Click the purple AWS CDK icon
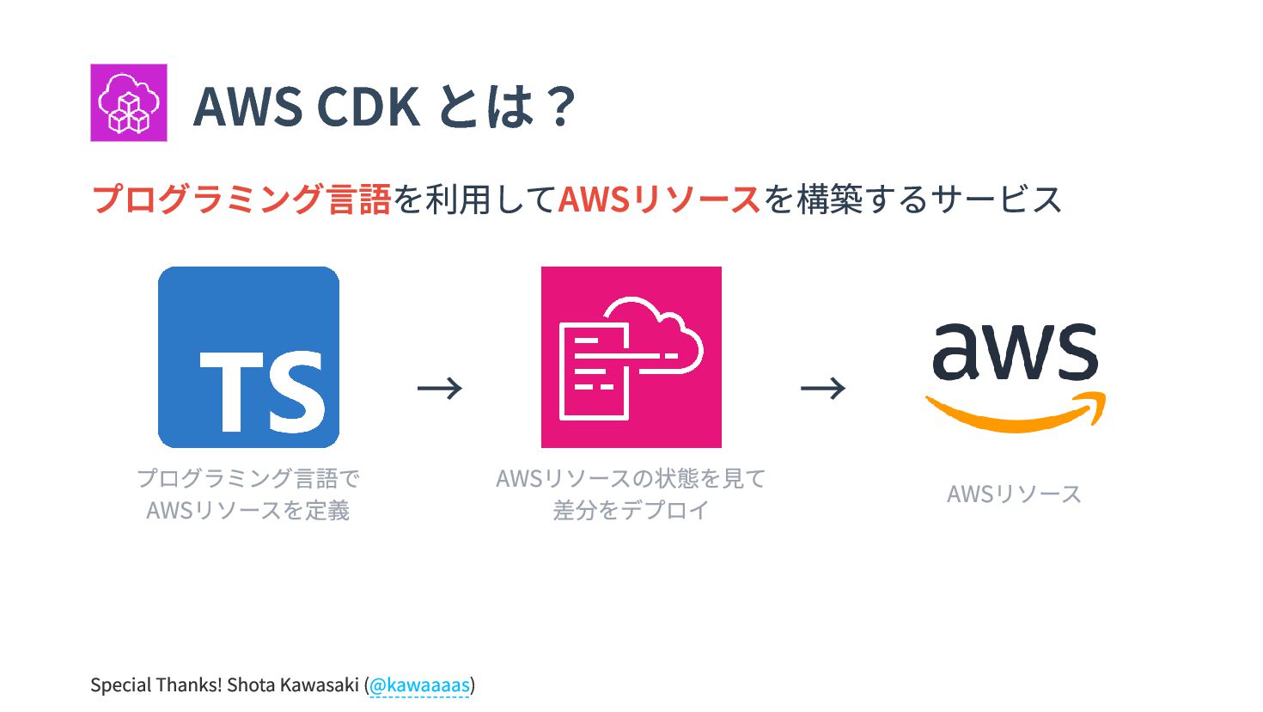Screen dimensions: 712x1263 [x=129, y=102]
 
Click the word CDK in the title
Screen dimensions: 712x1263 [x=368, y=107]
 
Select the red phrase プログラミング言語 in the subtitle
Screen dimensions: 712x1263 [x=241, y=199]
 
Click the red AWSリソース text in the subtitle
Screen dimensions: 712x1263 [x=659, y=199]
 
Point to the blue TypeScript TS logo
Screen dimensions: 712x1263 [x=248, y=357]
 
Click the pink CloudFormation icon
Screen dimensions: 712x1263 [x=631, y=357]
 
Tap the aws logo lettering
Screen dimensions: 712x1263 [x=1015, y=352]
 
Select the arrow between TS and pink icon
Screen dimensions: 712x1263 [x=440, y=389]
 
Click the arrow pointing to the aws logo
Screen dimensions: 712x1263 [x=823, y=389]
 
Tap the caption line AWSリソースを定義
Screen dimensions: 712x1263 [x=248, y=510]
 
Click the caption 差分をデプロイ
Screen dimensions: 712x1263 [x=631, y=510]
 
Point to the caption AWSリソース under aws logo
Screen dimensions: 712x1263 [x=1014, y=494]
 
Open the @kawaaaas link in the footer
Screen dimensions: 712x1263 [x=419, y=685]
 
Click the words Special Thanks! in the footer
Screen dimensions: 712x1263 [x=156, y=685]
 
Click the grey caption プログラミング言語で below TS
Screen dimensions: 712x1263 [x=248, y=478]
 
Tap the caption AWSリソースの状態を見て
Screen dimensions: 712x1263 [x=631, y=478]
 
